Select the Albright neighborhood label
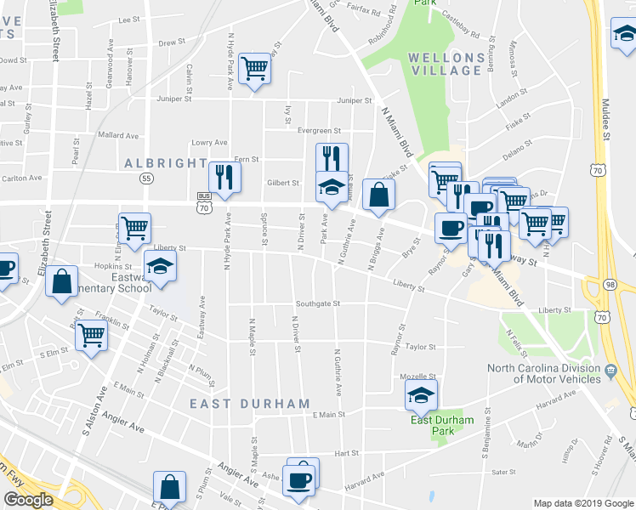coord(165,163)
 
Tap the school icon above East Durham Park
coord(420,394)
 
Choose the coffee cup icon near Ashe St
coord(300,479)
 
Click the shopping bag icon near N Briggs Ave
coord(378,195)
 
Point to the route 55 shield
coord(147,178)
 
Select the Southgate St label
coord(318,303)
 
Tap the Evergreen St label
coord(320,131)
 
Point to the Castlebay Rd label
coord(460,36)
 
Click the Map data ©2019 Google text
coord(582,503)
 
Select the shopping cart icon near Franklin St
coord(91,334)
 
